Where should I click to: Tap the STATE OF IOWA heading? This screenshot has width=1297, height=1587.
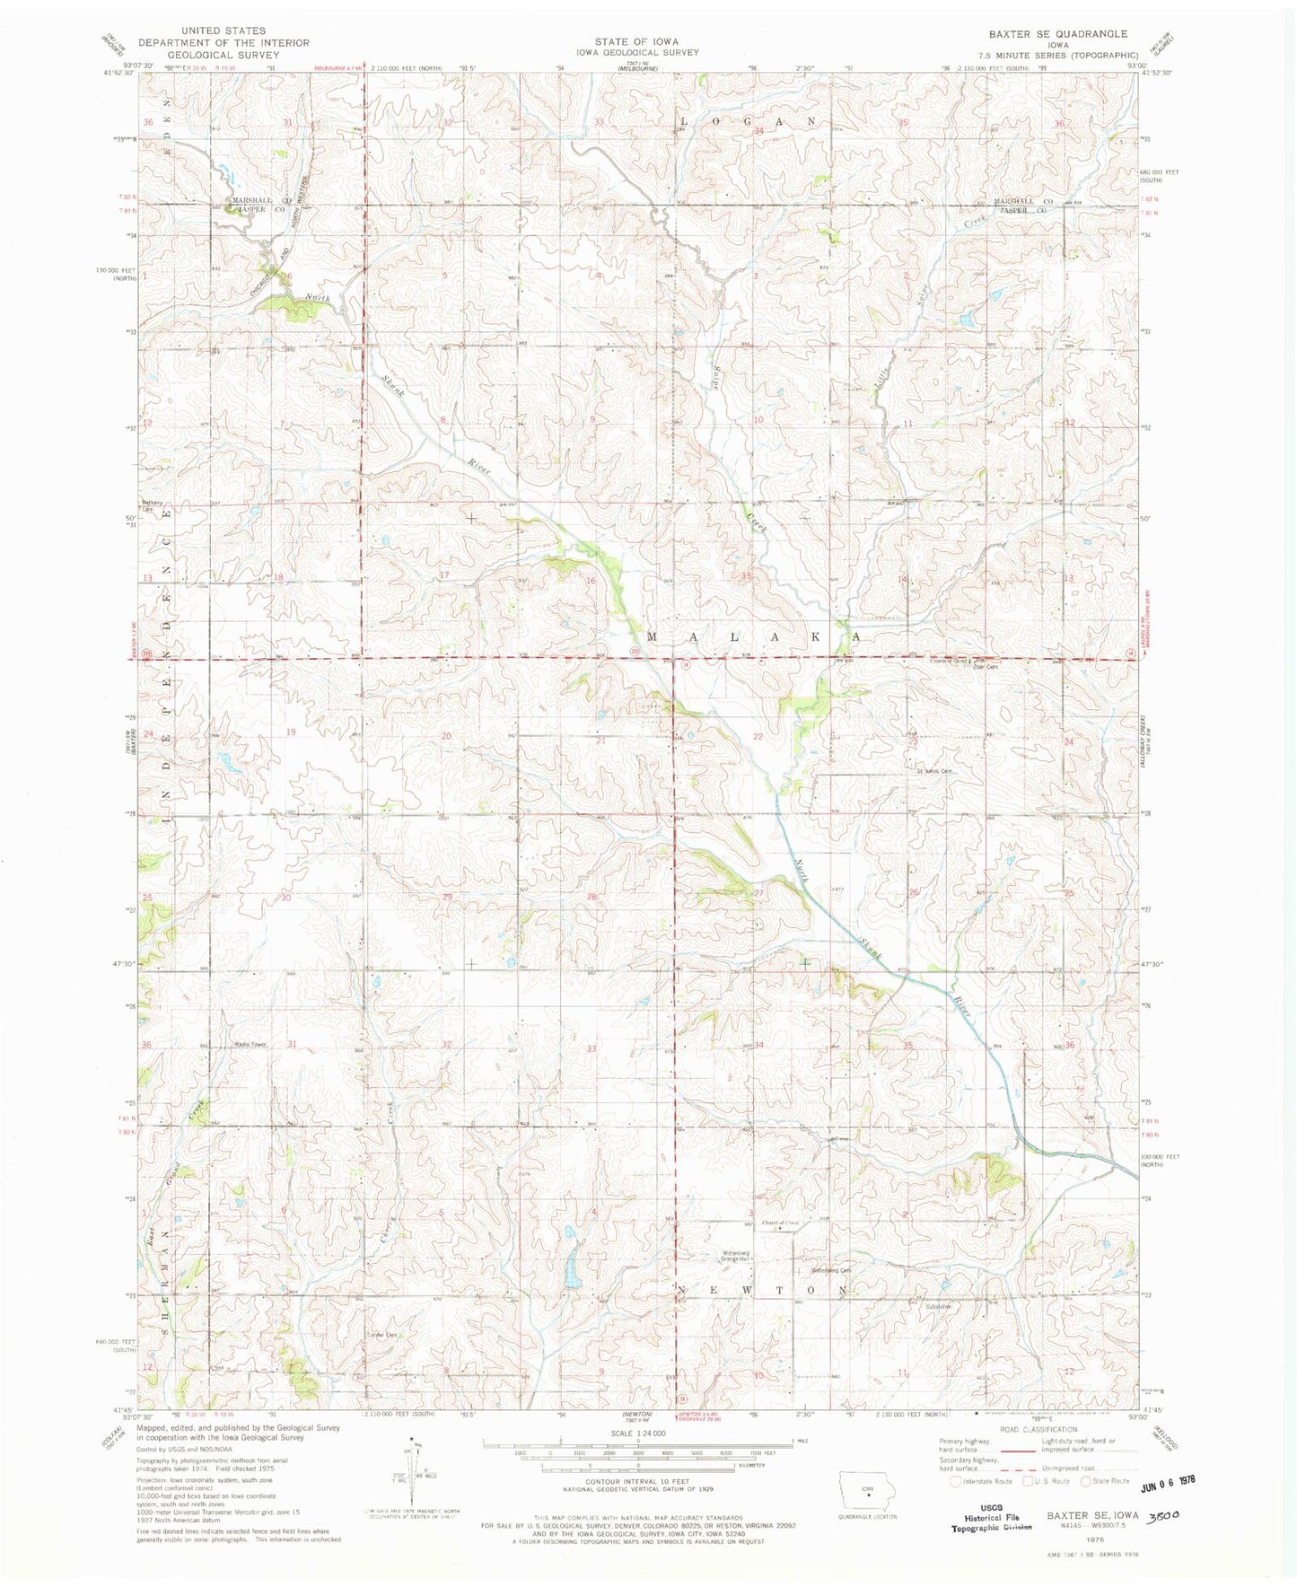point(636,41)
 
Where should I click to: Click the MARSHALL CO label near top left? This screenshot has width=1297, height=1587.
point(258,200)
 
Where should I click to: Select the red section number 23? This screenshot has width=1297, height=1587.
point(913,742)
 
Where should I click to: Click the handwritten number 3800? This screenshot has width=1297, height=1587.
point(1163,1514)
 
